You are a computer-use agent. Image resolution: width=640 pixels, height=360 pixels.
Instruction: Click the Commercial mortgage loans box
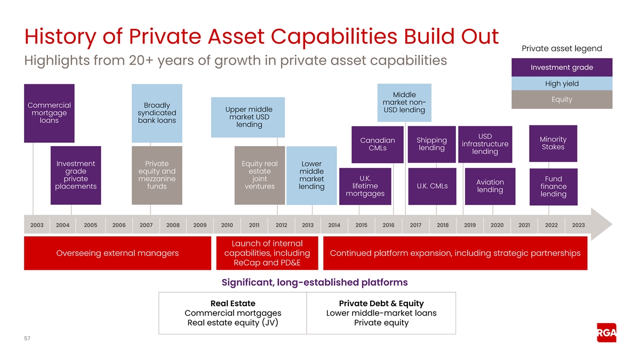[49, 113]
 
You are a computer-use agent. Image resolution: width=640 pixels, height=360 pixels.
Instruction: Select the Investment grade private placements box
[76, 175]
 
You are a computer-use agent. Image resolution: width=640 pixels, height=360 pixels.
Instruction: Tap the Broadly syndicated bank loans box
[157, 113]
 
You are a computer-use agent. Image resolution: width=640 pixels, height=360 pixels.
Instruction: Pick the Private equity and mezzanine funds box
[157, 175]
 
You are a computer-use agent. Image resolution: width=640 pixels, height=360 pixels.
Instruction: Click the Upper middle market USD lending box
[248, 117]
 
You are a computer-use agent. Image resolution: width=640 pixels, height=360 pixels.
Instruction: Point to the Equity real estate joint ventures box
[260, 175]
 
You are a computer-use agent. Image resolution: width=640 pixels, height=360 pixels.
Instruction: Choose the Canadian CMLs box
[378, 145]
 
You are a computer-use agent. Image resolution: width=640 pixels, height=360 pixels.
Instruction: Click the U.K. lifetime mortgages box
[365, 186]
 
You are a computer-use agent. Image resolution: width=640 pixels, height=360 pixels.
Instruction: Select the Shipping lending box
[431, 145]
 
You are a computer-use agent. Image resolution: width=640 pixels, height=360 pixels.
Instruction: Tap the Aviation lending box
[490, 186]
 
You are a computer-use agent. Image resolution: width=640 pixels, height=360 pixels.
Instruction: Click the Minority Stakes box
[553, 143]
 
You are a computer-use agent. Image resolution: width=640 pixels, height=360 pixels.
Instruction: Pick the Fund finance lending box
[554, 187]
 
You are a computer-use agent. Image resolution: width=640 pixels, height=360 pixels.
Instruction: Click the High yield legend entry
[562, 83]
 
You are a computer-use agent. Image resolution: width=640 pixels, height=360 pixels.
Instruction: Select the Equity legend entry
[562, 99]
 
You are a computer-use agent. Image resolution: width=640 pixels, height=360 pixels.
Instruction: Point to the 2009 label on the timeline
[199, 225]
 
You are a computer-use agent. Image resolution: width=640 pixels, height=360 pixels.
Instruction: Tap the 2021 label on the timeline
[524, 225]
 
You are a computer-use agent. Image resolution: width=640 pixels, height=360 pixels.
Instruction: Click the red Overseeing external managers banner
[117, 253]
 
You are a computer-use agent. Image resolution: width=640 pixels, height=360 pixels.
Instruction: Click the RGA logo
[606, 333]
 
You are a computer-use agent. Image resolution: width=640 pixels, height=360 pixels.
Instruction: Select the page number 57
[27, 338]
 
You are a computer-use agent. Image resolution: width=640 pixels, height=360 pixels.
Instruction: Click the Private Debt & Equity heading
[381, 303]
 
